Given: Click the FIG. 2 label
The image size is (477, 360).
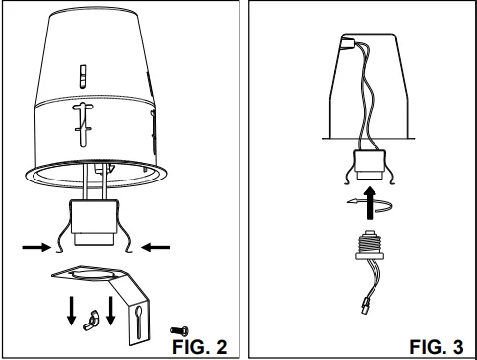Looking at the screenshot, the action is click(200, 347).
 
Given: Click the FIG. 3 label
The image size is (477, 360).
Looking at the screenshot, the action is click(437, 347).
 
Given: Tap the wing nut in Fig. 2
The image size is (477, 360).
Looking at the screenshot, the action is click(91, 320).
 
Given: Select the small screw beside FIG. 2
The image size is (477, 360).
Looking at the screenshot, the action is click(179, 330).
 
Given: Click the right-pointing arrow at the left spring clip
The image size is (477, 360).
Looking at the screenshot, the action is click(36, 247).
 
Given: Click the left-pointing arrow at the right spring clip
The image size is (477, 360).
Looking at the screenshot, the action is click(156, 247).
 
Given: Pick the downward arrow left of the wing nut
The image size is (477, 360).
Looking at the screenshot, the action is click(71, 311).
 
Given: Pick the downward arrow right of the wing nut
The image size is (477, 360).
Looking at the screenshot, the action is click(111, 311).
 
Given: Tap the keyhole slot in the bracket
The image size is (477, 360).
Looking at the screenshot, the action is click(139, 322).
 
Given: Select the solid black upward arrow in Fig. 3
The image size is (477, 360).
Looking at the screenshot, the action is click(371, 203).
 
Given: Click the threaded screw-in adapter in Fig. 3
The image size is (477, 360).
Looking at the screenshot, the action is click(370, 246).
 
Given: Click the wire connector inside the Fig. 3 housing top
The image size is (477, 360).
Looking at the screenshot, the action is click(347, 43).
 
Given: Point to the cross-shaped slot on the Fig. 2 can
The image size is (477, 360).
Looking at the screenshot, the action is click(84, 124).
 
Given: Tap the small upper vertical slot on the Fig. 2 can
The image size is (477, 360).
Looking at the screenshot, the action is click(83, 76).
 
